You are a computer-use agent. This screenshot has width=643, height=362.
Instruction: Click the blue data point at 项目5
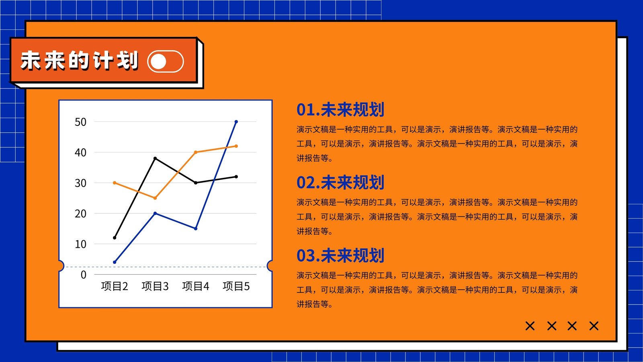click(x=236, y=122)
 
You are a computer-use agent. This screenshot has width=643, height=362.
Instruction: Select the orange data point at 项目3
click(x=155, y=198)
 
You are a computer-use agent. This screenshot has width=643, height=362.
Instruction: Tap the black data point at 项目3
click(x=155, y=158)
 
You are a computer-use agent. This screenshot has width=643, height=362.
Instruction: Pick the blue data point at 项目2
click(x=115, y=262)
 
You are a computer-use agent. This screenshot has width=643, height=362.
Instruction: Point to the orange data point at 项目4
click(x=196, y=152)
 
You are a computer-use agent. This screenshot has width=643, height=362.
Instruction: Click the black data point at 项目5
click(x=236, y=177)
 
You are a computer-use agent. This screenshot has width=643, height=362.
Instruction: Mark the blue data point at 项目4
click(x=196, y=229)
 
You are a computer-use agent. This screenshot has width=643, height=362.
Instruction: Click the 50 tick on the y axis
click(x=80, y=122)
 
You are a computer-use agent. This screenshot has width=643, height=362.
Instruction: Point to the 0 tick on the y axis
click(x=84, y=275)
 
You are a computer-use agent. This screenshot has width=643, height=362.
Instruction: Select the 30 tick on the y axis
click(x=80, y=183)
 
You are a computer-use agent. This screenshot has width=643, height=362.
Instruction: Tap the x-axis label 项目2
click(x=115, y=286)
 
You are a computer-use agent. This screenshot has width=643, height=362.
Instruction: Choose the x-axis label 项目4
click(x=196, y=286)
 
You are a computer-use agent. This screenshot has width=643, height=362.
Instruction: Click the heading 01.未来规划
click(x=340, y=109)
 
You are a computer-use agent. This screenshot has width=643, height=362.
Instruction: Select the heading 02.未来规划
click(x=340, y=183)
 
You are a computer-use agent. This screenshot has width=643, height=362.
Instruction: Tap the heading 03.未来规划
click(x=340, y=255)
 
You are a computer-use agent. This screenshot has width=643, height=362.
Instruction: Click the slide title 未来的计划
click(x=80, y=60)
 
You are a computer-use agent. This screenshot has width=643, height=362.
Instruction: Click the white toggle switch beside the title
click(x=165, y=62)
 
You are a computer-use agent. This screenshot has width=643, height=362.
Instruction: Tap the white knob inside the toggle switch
click(x=158, y=62)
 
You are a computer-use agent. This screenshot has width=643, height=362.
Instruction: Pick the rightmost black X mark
click(x=594, y=326)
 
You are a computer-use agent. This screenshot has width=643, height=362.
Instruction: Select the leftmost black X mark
click(x=530, y=326)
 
